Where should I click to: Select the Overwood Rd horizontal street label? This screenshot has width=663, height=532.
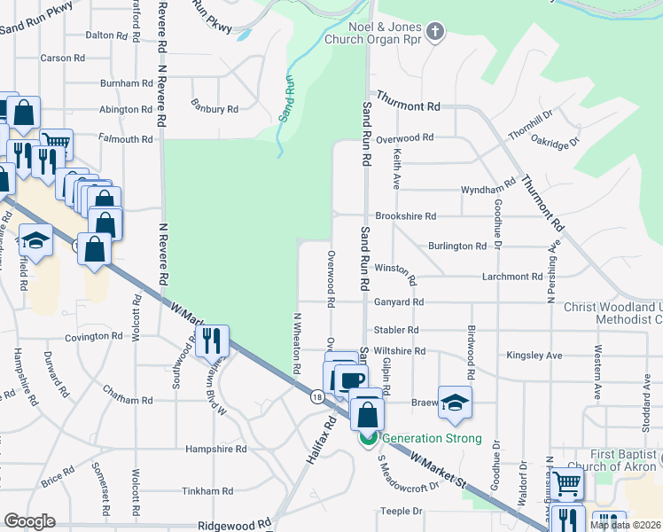(x=404, y=138)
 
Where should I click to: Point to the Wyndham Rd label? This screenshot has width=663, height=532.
(x=488, y=190)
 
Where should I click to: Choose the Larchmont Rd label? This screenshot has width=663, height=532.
(x=511, y=277)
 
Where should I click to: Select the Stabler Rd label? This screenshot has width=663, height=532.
(x=395, y=330)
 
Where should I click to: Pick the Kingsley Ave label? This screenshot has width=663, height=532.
(x=534, y=356)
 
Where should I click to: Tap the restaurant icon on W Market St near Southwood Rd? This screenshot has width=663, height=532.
(x=212, y=340)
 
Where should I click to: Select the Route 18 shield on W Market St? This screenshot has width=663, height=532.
(x=316, y=397)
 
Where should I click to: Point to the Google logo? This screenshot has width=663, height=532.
(x=29, y=520)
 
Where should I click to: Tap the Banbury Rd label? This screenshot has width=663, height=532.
(x=214, y=110)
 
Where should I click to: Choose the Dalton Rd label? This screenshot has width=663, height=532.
(x=106, y=35)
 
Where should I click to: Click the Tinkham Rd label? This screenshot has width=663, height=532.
(x=208, y=490)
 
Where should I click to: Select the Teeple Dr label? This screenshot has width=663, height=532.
(x=402, y=512)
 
